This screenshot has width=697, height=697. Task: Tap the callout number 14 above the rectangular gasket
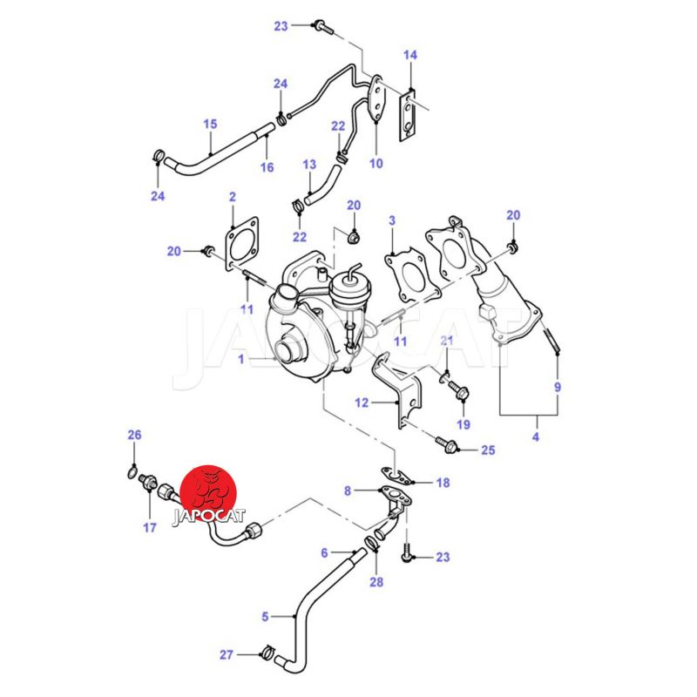click(x=410, y=55)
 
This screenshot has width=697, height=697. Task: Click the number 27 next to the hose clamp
click(x=227, y=655)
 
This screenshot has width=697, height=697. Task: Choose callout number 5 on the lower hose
click(x=266, y=617)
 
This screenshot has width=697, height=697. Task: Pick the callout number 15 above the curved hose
click(x=210, y=125)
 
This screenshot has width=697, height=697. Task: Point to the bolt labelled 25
click(x=449, y=448)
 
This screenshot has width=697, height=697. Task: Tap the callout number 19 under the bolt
click(x=464, y=424)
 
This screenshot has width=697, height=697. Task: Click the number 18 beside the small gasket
click(x=443, y=483)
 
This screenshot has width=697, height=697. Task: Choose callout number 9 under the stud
click(x=558, y=387)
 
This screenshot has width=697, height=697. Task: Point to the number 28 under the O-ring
click(x=376, y=582)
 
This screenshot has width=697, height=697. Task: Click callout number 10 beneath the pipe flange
click(x=376, y=163)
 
